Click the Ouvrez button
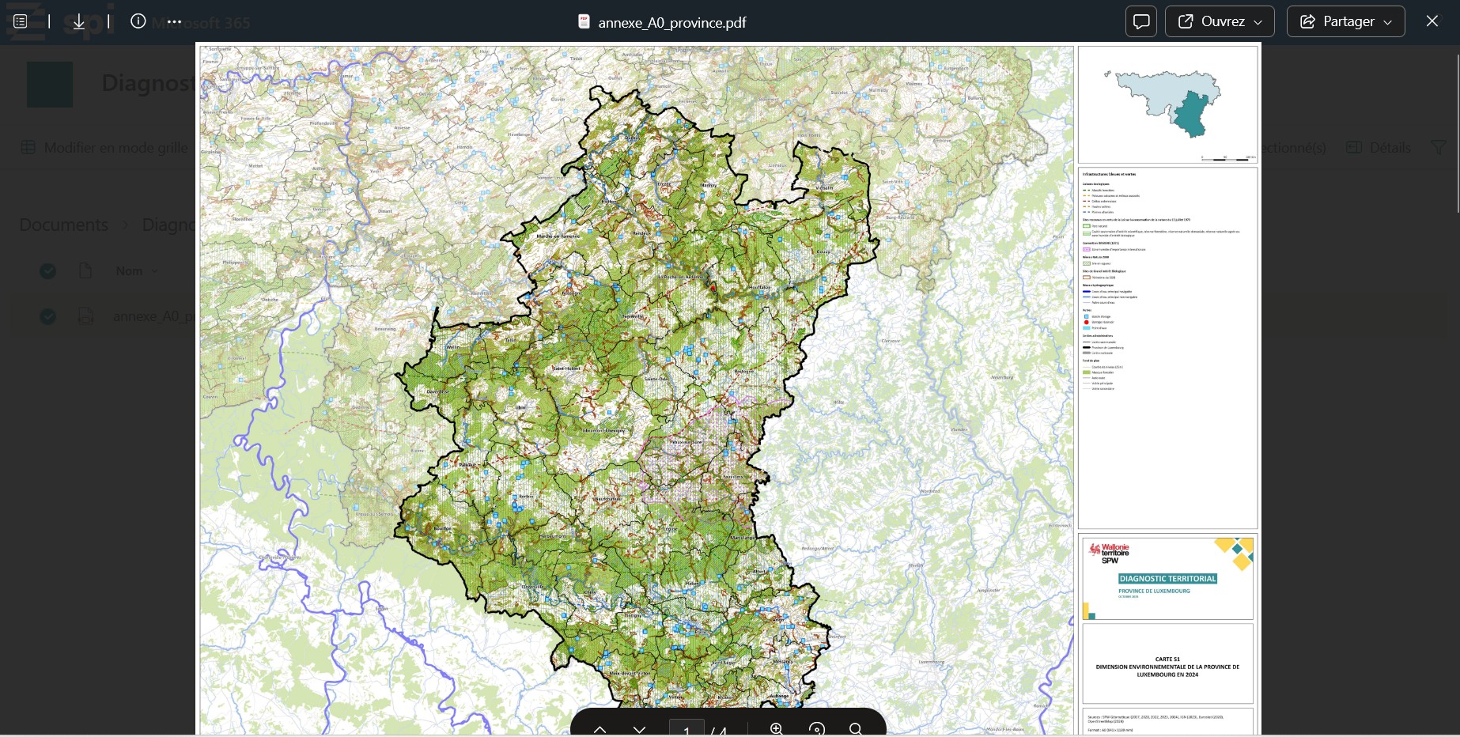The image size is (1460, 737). click(x=1219, y=21)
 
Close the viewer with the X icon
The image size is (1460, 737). click(x=1432, y=21)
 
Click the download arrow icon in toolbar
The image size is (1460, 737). click(x=79, y=22)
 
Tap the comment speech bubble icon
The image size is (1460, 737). click(x=1140, y=21)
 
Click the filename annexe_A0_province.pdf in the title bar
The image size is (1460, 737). click(x=671, y=23)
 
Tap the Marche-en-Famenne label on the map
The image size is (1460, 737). click(x=558, y=236)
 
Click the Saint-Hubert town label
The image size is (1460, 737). click(x=566, y=368)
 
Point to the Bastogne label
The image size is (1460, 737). click(x=743, y=372)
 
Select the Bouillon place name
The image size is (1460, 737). click(x=442, y=528)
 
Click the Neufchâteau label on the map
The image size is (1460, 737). click(x=607, y=499)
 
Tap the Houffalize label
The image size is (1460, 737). click(x=759, y=287)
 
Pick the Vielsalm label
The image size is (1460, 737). click(x=825, y=188)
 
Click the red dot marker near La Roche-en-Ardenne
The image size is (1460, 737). click(x=713, y=289)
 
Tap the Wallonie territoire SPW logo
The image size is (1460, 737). click(x=1109, y=553)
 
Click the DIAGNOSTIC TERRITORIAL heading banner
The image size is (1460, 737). click(x=1167, y=579)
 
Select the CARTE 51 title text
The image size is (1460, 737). click(x=1167, y=659)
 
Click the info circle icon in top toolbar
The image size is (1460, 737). click(x=138, y=21)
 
